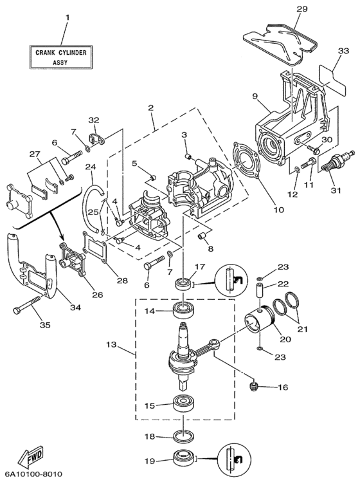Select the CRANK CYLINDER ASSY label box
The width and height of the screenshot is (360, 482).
(61, 57)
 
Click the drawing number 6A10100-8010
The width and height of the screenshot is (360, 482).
(31, 474)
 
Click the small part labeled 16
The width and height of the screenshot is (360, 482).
(253, 385)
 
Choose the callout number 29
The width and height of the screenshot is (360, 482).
(301, 9)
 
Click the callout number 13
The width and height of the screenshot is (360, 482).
(111, 344)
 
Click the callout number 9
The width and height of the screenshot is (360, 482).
(255, 97)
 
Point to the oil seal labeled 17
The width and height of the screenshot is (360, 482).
(183, 283)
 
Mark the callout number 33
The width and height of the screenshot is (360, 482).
(343, 50)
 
